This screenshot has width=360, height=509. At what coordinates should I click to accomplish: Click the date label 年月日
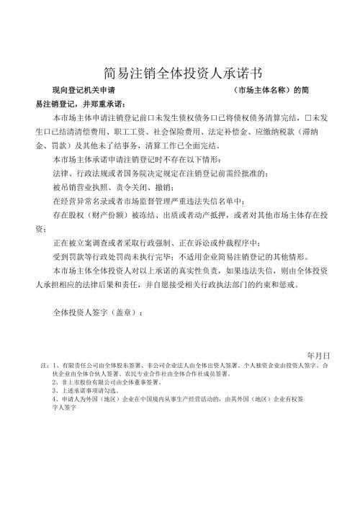coord(318,355)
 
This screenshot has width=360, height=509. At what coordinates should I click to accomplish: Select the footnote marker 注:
coord(47,366)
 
